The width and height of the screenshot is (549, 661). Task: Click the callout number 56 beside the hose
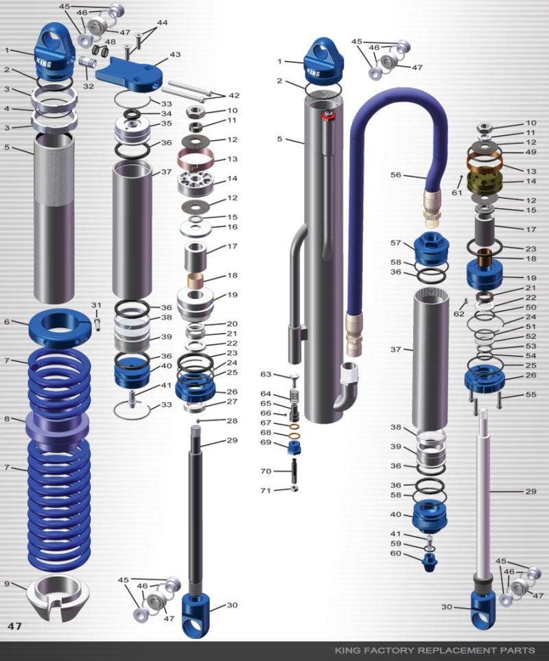[x=395, y=175]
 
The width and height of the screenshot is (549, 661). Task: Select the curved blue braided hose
[x=357, y=206]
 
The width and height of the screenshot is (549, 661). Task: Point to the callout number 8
[x=6, y=419]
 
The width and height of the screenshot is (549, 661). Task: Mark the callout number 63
[x=266, y=374]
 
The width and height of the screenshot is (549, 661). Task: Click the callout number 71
[x=266, y=490]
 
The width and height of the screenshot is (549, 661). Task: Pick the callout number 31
[x=96, y=305]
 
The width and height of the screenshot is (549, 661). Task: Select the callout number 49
[x=531, y=152]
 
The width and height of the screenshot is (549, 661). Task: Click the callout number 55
[x=531, y=395]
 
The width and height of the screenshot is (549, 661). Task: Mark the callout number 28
[x=232, y=420]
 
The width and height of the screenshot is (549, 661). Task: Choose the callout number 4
[x=6, y=108]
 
